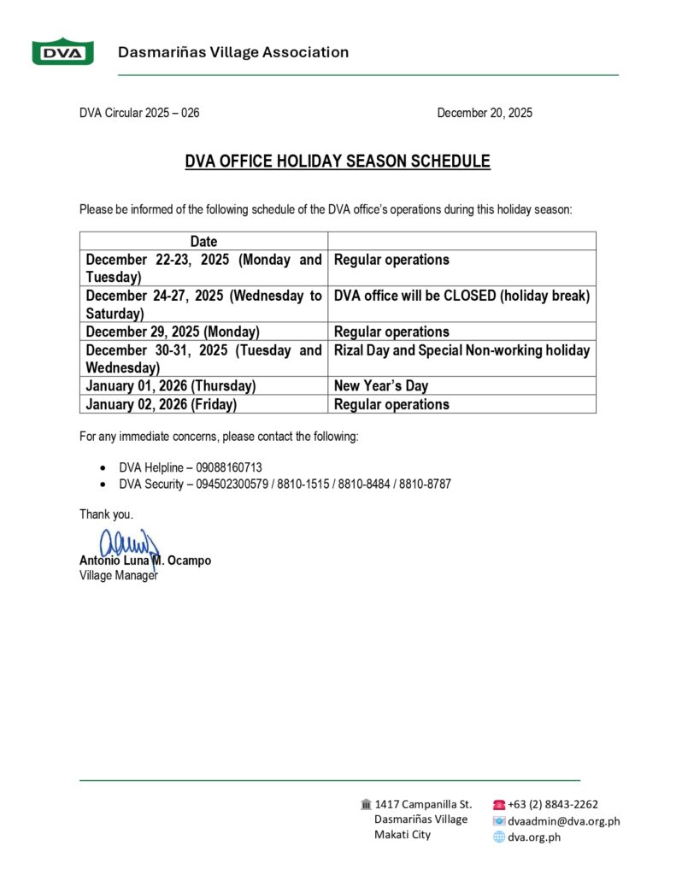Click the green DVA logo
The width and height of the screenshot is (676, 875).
62,52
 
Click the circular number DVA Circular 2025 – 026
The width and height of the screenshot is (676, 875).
139,113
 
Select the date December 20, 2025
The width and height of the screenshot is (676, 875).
484,113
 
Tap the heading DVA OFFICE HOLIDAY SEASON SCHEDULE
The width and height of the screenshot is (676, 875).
338,161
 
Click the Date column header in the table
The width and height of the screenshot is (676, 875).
203,242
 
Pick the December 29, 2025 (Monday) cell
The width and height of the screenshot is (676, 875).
173,332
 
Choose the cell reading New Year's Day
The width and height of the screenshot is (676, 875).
381,386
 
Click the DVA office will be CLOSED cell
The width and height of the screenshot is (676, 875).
461,296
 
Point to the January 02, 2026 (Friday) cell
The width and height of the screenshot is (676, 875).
162,404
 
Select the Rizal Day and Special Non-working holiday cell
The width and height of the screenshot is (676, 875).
461,350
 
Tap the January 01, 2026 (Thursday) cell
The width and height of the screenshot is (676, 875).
170,386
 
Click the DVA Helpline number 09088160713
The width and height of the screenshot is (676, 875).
229,468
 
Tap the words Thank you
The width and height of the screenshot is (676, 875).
106,514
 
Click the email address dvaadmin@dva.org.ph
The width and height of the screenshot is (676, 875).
563,821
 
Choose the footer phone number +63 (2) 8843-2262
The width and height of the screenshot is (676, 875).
552,804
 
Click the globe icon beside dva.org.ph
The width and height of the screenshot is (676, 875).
499,837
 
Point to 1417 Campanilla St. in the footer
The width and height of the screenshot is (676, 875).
423,804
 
